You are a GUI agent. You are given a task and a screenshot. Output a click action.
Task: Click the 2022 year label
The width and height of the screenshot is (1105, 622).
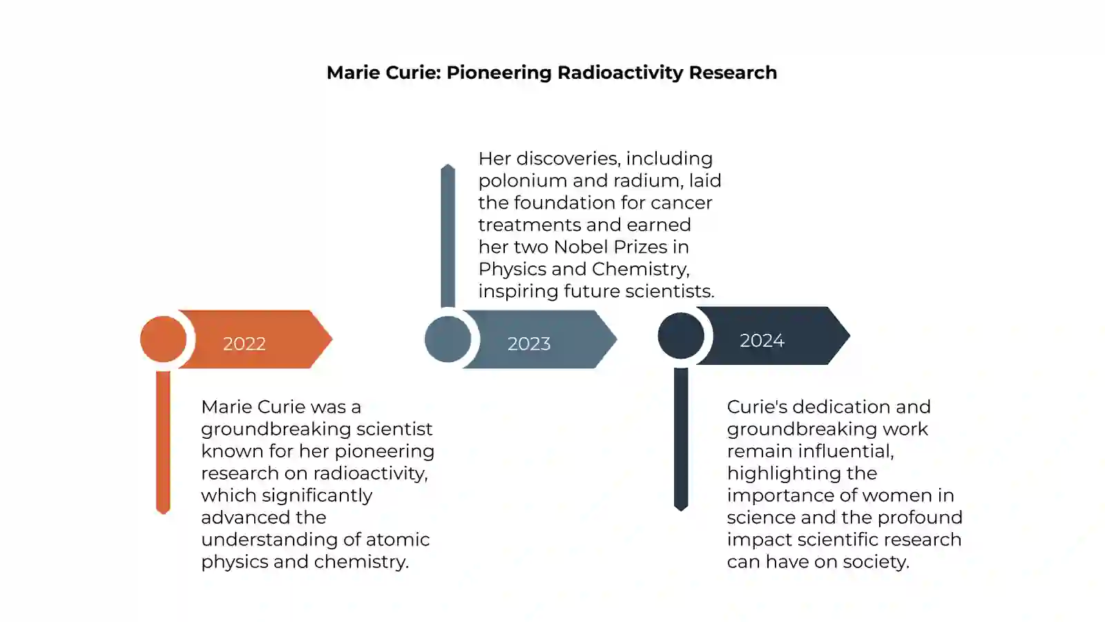pos(244,343)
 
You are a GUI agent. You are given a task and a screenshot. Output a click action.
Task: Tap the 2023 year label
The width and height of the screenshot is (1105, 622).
pos(528,343)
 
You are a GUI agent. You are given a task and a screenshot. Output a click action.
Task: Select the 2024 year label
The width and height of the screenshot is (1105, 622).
pos(762,340)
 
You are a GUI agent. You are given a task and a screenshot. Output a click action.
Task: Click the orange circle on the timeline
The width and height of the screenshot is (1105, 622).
pos(163,339)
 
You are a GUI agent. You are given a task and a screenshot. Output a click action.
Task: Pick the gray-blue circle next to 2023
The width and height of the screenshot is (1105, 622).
pos(448,339)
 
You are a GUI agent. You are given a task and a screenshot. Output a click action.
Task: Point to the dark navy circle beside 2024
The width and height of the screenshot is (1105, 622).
pos(680,336)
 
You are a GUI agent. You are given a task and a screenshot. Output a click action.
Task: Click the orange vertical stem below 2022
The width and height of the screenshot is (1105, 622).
pos(163,442)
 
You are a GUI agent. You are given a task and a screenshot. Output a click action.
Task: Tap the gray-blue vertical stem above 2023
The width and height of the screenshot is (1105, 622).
pos(448,235)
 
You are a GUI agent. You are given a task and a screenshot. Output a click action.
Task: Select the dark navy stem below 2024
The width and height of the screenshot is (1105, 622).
pos(680,439)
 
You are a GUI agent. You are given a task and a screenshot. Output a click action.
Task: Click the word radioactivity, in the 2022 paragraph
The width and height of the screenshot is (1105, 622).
pos(371,473)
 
